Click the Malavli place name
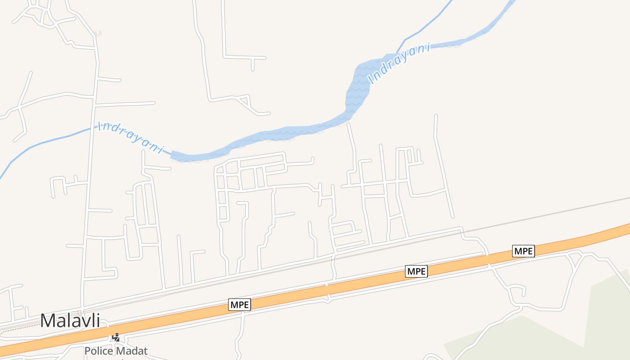click(70, 320)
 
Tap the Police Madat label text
click(116, 351)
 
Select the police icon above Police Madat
click(116, 337)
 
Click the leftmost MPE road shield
click(239, 305)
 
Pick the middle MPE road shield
click(416, 271)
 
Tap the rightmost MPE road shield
click(523, 251)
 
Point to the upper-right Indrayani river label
click(399, 63)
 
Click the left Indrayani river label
click(131, 137)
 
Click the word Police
click(99, 351)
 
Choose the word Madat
click(132, 351)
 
